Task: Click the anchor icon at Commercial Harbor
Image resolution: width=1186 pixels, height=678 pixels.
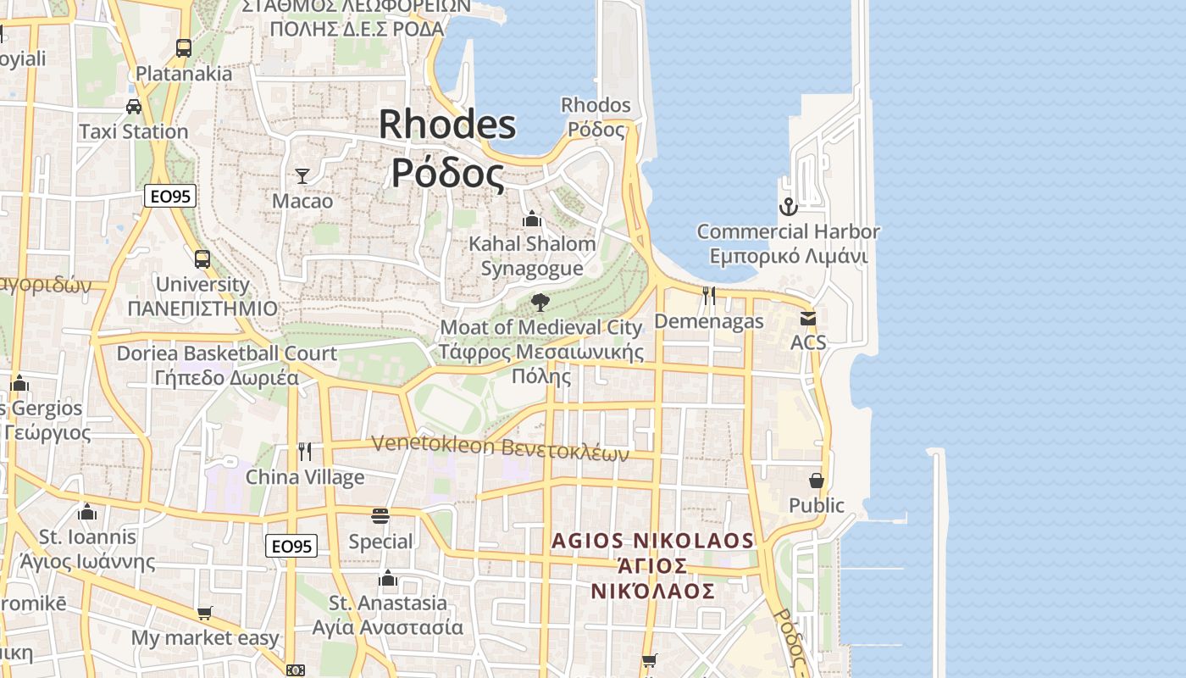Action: coord(789,207)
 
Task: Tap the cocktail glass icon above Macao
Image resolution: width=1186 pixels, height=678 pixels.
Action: coord(302,176)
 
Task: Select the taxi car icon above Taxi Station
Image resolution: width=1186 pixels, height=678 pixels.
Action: coord(134,106)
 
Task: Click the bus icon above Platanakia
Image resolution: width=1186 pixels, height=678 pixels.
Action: coord(184,48)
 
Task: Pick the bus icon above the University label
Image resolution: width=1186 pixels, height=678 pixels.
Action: coord(202,259)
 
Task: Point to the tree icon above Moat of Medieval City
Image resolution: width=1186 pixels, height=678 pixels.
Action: coord(540,303)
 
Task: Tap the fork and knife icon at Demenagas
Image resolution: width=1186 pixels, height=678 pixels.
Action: coord(709,296)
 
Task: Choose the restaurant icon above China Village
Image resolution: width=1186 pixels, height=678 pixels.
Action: coord(305,452)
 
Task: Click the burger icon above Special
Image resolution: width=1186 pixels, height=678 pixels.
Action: coord(380,516)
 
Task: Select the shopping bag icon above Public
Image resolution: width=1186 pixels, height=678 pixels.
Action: coord(817,481)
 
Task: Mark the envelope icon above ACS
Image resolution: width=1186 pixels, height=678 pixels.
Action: coord(808,319)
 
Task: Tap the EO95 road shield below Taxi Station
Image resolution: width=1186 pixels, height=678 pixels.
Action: coord(170,197)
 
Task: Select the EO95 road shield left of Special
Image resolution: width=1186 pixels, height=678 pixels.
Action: coord(291,547)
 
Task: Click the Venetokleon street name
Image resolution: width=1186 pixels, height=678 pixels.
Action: coord(500,447)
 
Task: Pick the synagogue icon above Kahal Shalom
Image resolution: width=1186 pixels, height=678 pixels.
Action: coord(532,219)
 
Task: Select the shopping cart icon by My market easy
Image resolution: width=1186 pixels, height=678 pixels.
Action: coord(204,613)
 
